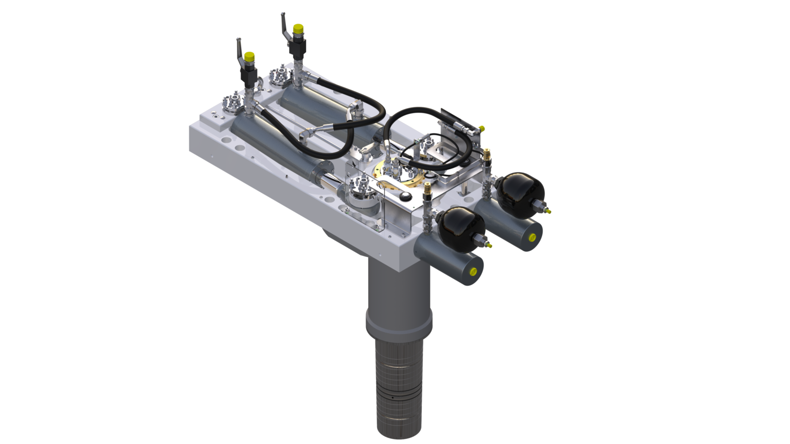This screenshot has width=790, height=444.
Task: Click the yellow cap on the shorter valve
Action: [x=249, y=57]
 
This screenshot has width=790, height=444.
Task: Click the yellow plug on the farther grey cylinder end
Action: [x=532, y=237]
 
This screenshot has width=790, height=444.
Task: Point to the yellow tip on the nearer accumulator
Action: [x=488, y=246]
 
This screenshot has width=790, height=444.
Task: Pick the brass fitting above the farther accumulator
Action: [x=486, y=153]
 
